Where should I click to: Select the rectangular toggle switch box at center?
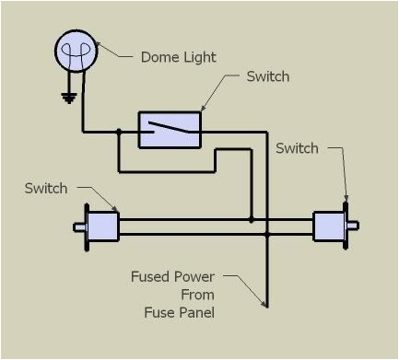tap(170, 130)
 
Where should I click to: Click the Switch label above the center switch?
tap(267, 76)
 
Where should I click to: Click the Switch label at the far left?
tap(46, 188)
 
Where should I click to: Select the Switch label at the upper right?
tap(297, 148)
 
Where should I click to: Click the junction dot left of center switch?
tap(119, 132)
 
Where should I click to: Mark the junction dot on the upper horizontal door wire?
tap(252, 219)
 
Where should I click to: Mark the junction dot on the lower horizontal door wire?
tap(267, 235)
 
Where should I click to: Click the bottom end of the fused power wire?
tap(267, 305)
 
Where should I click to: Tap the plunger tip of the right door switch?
tap(355, 226)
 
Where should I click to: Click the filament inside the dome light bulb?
tap(76, 50)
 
